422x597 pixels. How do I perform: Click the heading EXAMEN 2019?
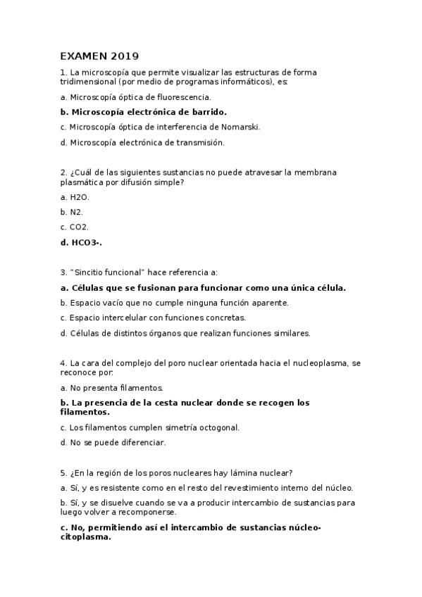(x=99, y=56)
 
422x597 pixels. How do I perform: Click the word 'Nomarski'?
(x=241, y=127)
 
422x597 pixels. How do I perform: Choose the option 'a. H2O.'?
(x=75, y=198)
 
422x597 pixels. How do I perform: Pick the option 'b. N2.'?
(x=72, y=212)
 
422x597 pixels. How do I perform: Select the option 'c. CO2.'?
(x=75, y=227)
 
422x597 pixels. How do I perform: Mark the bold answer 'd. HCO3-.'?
(x=82, y=242)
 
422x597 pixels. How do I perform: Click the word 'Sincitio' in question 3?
(x=87, y=272)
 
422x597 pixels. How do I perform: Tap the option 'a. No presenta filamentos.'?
(x=112, y=388)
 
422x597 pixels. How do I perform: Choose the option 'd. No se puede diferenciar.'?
(x=113, y=443)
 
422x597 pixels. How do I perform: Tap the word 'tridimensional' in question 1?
(x=85, y=82)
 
